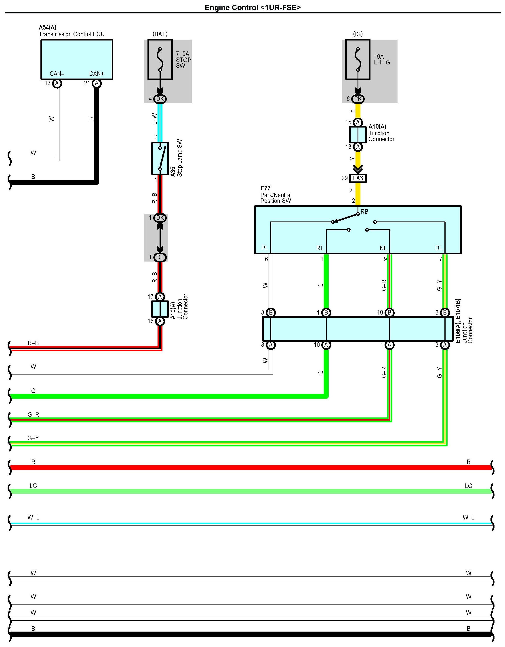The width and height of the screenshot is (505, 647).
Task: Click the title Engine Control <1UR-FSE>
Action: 253,7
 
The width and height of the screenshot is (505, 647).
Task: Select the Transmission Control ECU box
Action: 77,59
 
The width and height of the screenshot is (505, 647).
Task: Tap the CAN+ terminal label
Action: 97,74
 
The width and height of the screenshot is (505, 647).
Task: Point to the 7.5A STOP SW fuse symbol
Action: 160,60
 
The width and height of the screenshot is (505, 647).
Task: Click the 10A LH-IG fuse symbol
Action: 358,60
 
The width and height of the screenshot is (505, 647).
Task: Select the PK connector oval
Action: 358,99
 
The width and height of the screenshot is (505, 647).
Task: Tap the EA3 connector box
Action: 358,178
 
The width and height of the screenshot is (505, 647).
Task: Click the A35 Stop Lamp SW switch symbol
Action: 160,158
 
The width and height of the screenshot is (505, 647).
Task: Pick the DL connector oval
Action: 160,257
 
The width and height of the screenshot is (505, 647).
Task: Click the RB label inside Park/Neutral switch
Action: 364,211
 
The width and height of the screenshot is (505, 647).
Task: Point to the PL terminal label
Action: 265,248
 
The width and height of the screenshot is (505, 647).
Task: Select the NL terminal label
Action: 383,248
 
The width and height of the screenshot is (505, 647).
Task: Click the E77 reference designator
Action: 265,188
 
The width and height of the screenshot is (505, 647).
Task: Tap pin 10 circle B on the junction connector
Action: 389,312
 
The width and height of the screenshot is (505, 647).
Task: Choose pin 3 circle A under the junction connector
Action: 445,345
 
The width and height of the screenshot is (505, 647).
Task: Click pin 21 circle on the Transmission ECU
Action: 97,83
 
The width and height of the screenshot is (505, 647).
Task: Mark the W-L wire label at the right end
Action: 468,517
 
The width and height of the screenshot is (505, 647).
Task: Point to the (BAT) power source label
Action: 160,34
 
